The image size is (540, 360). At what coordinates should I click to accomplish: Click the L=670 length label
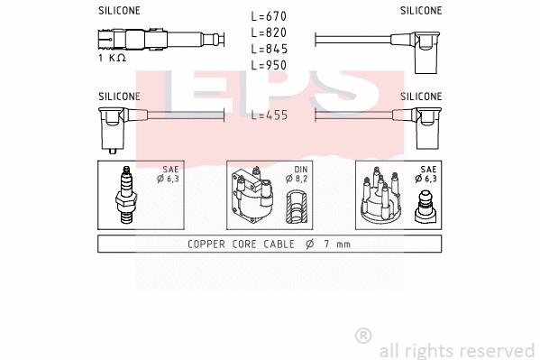pyautogui.click(x=270, y=17)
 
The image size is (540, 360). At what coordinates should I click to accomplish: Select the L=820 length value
pyautogui.click(x=270, y=33)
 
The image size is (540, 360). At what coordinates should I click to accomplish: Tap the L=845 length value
pyautogui.click(x=270, y=50)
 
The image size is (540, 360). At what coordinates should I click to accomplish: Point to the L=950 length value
pyautogui.click(x=270, y=66)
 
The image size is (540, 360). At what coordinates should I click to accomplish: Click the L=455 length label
pyautogui.click(x=270, y=115)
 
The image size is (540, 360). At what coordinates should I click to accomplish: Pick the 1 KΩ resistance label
pyautogui.click(x=112, y=58)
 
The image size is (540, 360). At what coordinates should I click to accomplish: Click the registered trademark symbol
pyautogui.click(x=363, y=335)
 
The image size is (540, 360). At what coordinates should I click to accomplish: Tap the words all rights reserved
pyautogui.click(x=457, y=349)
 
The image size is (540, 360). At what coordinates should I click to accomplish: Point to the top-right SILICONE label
pyautogui.click(x=421, y=11)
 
